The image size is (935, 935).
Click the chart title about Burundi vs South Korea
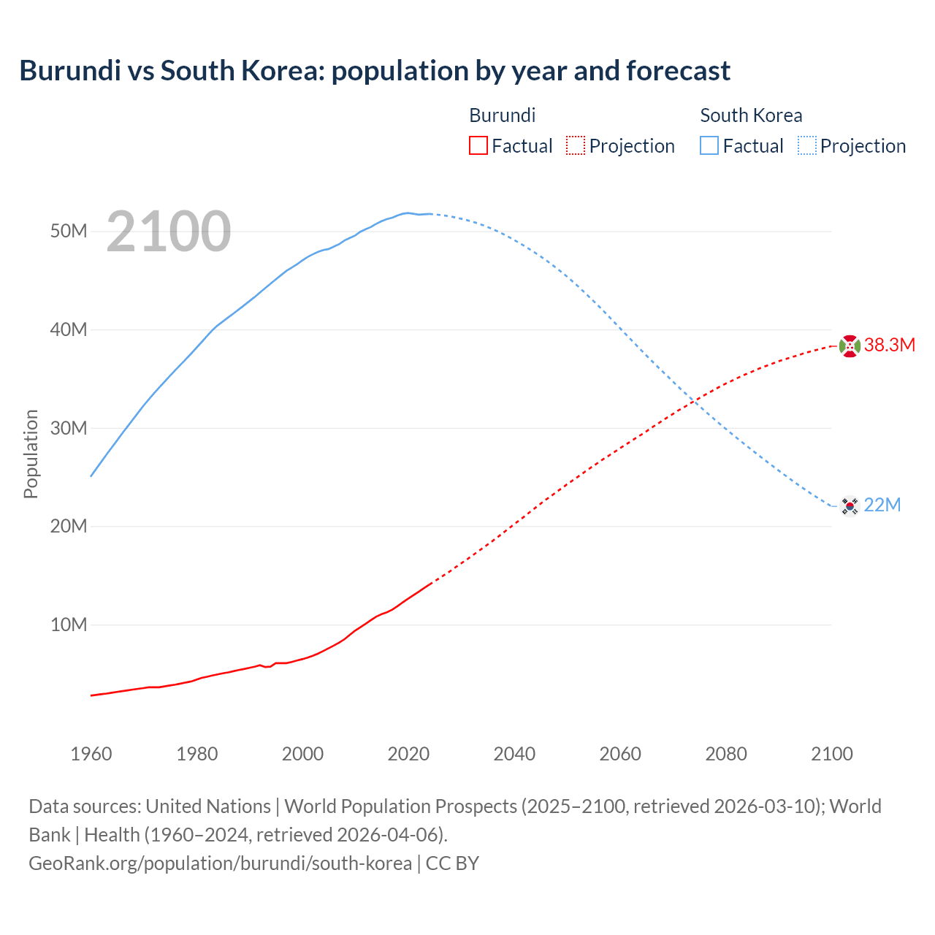374,71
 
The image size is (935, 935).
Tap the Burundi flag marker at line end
850,346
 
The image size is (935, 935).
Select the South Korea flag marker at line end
850,505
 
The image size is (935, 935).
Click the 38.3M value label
889,346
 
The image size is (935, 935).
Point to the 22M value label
882,505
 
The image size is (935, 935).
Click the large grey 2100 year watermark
169,232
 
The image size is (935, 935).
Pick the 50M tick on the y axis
69,232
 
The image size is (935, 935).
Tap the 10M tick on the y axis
69,625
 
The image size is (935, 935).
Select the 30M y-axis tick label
69,428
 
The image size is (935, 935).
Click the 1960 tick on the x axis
91,754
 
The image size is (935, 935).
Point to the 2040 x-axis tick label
514,754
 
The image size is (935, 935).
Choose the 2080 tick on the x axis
726,754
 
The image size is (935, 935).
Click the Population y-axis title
31,454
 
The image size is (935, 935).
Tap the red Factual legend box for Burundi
478,146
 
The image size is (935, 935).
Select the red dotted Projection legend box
576,146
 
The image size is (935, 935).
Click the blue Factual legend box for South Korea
709,146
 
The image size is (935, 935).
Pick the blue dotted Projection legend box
807,146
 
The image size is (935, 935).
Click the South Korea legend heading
751,115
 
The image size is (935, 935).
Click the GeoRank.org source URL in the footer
220,863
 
